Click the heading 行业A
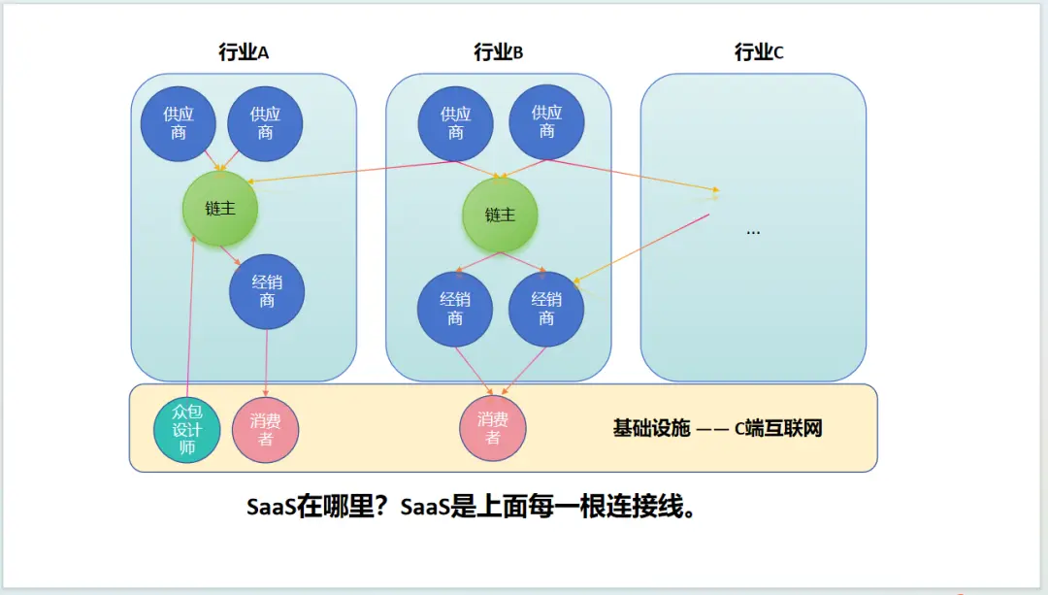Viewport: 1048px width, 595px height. point(244,53)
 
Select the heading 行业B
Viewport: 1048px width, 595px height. point(499,53)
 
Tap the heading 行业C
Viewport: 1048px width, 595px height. point(759,53)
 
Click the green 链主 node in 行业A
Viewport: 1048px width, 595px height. point(220,208)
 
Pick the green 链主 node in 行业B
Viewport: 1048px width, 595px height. point(500,215)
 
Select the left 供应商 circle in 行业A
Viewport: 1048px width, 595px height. point(179,123)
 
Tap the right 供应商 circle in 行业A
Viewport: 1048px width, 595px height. point(265,123)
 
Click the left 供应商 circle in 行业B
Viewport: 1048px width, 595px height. point(456,123)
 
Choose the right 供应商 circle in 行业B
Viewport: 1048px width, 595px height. point(547,123)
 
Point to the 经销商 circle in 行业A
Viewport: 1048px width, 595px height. point(267,291)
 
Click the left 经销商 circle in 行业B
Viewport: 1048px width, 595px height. point(455,309)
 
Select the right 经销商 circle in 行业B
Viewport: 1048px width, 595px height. point(546,309)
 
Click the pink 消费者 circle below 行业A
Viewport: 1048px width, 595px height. point(266,429)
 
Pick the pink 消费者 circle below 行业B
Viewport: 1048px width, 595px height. point(493,428)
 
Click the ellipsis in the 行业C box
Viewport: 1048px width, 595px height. point(753,232)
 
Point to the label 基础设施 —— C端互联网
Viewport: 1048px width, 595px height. point(717,428)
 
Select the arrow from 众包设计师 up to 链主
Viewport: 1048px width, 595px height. point(191,320)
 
